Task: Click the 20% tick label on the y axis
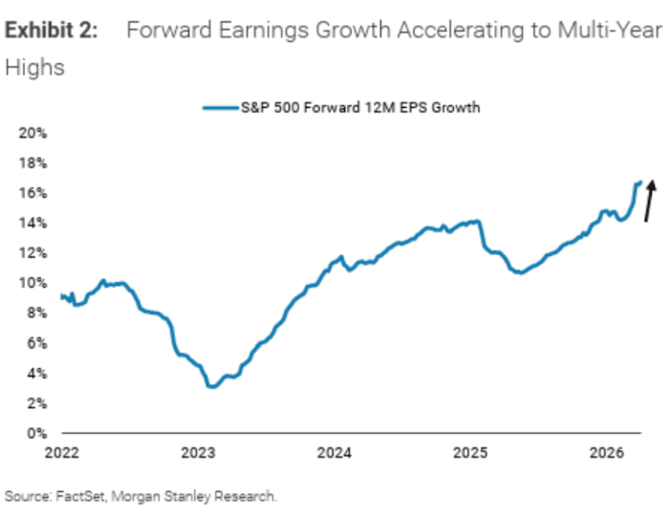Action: tap(33, 133)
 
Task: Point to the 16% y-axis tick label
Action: tap(33, 193)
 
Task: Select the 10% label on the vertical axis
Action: tap(33, 283)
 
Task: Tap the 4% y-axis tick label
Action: tap(36, 374)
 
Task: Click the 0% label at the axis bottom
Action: tap(36, 434)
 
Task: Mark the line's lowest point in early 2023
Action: tap(210, 387)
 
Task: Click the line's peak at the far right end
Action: tap(638, 182)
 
